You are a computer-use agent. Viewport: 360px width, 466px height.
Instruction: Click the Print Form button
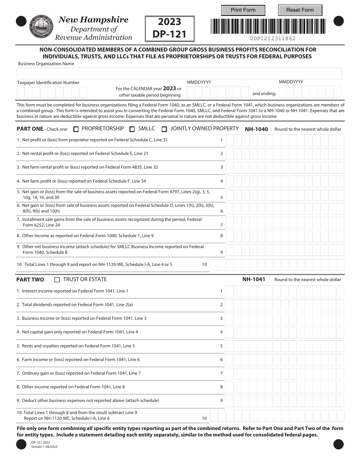[x=243, y=10]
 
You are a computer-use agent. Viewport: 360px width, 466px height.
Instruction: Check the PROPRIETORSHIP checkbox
[x=76, y=129]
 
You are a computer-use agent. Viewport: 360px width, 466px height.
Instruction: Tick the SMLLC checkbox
[x=132, y=129]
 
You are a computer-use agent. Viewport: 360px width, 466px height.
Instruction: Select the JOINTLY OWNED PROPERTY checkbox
[x=164, y=129]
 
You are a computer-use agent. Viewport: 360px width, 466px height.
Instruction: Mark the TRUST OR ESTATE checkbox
[x=57, y=280]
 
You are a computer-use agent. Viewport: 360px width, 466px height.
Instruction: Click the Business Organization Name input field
[x=179, y=73]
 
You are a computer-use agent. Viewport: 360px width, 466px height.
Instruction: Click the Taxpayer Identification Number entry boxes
[x=52, y=92]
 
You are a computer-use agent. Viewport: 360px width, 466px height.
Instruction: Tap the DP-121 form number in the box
[x=169, y=34]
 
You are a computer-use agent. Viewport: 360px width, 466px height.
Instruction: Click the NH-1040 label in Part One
[x=256, y=129]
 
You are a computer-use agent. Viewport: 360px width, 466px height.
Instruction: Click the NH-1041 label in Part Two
[x=254, y=280]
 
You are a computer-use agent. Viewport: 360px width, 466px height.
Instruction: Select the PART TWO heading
[x=30, y=280]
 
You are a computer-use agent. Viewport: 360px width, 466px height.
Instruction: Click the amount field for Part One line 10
[x=277, y=265]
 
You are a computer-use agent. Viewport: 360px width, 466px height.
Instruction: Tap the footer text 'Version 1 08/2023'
[x=44, y=447]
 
